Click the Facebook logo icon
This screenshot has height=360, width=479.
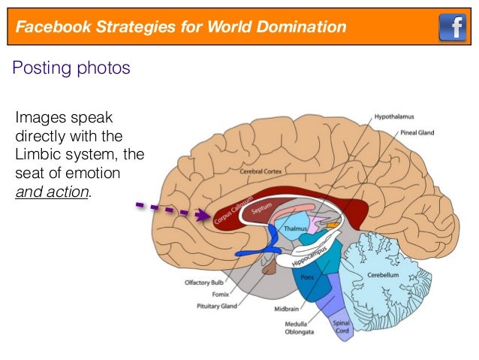(x=453, y=28)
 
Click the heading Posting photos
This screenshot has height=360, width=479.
(x=71, y=68)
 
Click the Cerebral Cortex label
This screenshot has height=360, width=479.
(x=261, y=171)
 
